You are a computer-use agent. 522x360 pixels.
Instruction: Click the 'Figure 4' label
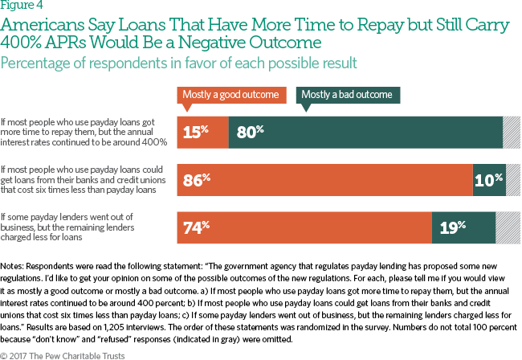coord(17,6)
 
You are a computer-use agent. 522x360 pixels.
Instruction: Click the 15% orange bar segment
coord(202,131)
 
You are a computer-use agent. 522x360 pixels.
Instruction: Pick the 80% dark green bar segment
coord(365,131)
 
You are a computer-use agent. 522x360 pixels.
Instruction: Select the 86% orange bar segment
coord(324,179)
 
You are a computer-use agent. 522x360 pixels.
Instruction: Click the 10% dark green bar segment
coord(489,179)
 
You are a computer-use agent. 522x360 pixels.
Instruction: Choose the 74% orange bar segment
coord(304,227)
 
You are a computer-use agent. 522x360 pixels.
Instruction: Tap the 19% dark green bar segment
coord(463,227)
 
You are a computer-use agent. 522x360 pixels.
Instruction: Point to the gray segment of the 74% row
coord(508,227)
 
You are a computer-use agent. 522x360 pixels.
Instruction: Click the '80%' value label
coord(250,131)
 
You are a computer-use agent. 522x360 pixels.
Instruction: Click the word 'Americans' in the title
coord(39,25)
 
